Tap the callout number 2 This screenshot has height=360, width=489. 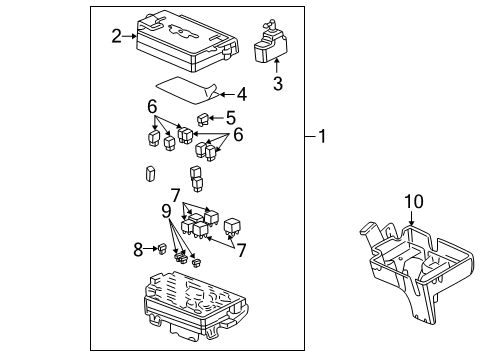[x=117, y=37]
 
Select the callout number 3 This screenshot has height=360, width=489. [x=277, y=84]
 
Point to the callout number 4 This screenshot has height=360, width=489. [x=240, y=95]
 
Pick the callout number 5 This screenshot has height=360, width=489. [x=230, y=116]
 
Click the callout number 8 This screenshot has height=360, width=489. [x=139, y=250]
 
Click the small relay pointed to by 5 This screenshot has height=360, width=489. [x=204, y=120]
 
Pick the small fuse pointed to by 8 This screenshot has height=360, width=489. [x=160, y=249]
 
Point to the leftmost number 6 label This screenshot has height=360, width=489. [x=152, y=106]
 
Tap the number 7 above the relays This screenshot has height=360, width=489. [x=174, y=193]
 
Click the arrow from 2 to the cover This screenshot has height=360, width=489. [x=130, y=38]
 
